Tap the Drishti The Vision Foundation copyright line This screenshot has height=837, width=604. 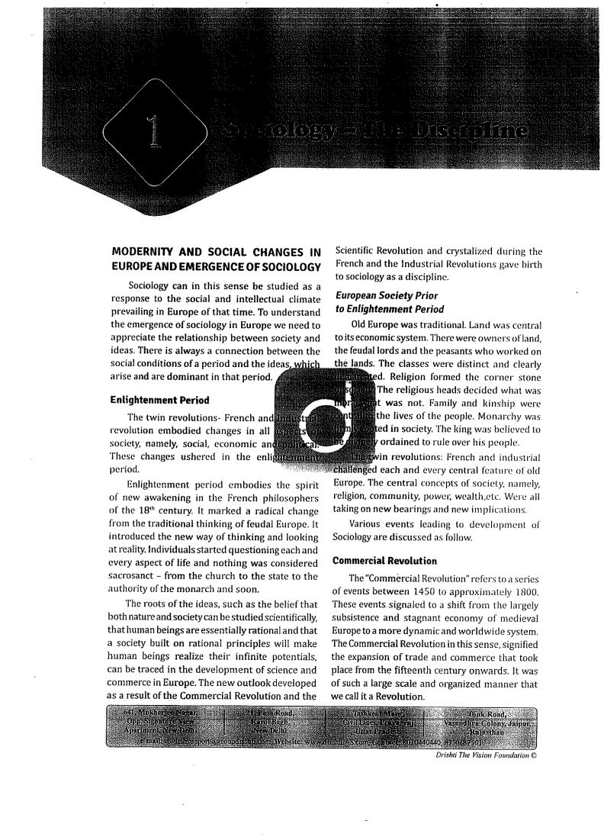480,734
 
